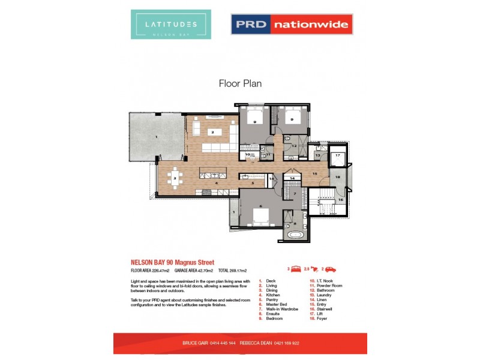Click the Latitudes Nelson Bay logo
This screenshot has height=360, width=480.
pos(171,25)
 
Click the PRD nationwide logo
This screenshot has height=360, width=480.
pos(292,25)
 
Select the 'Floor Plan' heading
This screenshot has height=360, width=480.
pos(240,84)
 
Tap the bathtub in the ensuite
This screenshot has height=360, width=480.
pos(294,235)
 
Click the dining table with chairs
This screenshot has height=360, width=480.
pos(174,178)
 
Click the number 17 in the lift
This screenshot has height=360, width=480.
pos(338,155)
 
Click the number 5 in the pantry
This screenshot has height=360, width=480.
pos(253,182)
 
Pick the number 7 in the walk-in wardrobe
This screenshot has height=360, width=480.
pos(295,194)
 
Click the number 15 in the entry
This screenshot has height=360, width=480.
pos(314,174)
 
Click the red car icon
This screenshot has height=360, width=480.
pos(331,270)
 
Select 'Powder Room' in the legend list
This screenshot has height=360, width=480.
pos(329,286)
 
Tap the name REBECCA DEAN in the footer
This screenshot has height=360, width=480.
pos(256,343)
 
